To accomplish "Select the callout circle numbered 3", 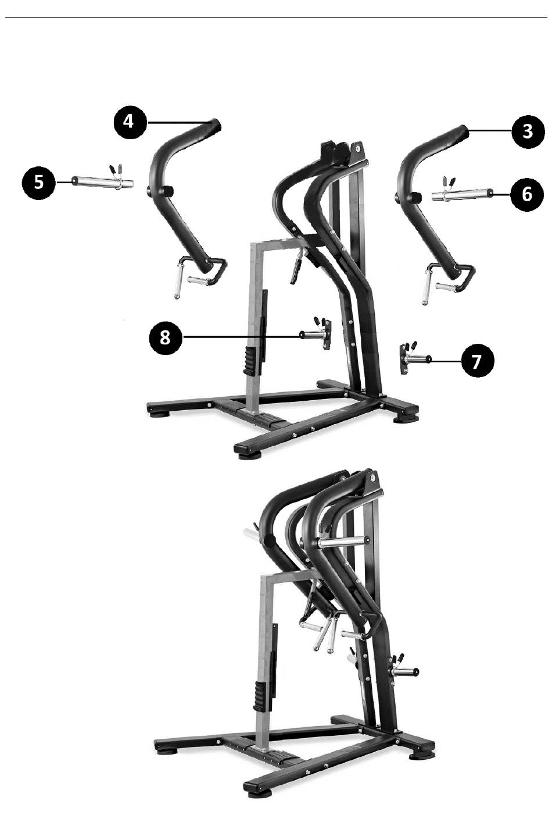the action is (x=528, y=131).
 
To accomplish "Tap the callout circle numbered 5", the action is (x=38, y=182).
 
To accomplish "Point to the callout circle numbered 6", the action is (x=527, y=193).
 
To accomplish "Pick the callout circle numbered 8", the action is (x=165, y=336).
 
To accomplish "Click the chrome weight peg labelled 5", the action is (x=102, y=180).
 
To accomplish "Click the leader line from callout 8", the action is (x=241, y=336).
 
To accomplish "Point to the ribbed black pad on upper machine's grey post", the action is (x=250, y=361).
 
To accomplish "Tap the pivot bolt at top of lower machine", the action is (x=372, y=478).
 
